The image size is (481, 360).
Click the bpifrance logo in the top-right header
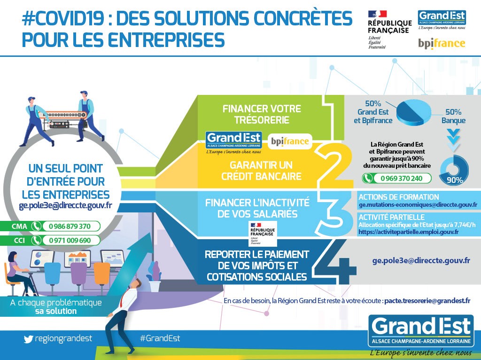(x=442, y=44)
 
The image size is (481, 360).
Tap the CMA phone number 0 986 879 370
(x=70, y=226)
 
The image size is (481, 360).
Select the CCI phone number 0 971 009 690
(x=70, y=240)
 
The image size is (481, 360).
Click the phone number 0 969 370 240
(x=402, y=178)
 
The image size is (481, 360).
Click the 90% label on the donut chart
(x=455, y=180)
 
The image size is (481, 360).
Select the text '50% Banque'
(x=453, y=116)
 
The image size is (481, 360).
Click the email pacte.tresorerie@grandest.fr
(x=427, y=301)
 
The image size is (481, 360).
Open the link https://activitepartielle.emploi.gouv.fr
(x=409, y=232)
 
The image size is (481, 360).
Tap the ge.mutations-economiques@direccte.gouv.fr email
(x=418, y=205)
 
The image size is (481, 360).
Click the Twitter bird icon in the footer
(x=28, y=339)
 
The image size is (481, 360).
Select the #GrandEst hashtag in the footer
(x=160, y=338)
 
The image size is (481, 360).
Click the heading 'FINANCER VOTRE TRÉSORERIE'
(x=262, y=114)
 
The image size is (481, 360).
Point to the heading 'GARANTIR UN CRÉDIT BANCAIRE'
(x=261, y=171)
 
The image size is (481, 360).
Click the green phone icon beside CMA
(x=36, y=226)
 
